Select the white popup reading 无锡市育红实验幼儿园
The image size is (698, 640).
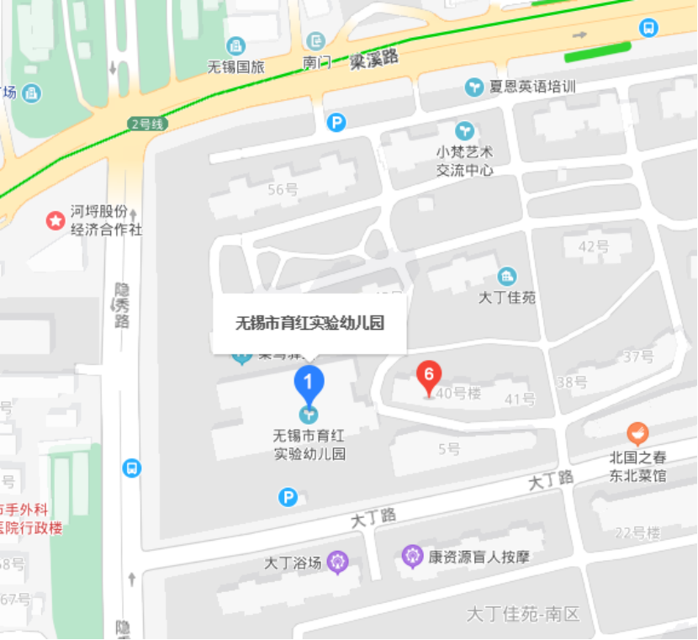point(309,323)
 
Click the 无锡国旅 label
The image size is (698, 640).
point(236,66)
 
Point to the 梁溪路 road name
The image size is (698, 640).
point(373,60)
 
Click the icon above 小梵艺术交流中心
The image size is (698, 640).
point(464,131)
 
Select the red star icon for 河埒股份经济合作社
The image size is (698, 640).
point(56,221)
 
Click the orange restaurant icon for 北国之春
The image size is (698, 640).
point(637,434)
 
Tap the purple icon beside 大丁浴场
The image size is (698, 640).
point(338,560)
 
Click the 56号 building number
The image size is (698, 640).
point(283,189)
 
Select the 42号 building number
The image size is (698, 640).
point(594,246)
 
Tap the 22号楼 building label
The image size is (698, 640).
point(637,532)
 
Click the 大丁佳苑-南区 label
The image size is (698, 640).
point(523,614)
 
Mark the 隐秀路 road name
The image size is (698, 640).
point(122,304)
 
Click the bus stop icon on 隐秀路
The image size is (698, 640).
point(131,468)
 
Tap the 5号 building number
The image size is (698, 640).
point(449,449)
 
